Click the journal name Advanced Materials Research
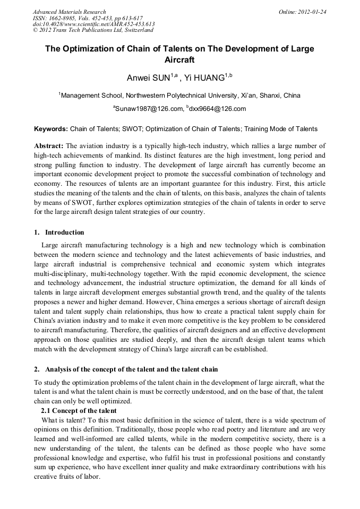pyautogui.click(x=69, y=12)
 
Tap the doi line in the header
pyautogui.click(x=93, y=24)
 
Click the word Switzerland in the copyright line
pyautogui.click(x=135, y=30)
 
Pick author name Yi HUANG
pyautogui.click(x=204, y=79)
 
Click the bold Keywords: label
pyautogui.click(x=51, y=129)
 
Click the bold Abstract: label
pyautogui.click(x=49, y=145)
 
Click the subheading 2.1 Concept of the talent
pyautogui.click(x=79, y=411)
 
